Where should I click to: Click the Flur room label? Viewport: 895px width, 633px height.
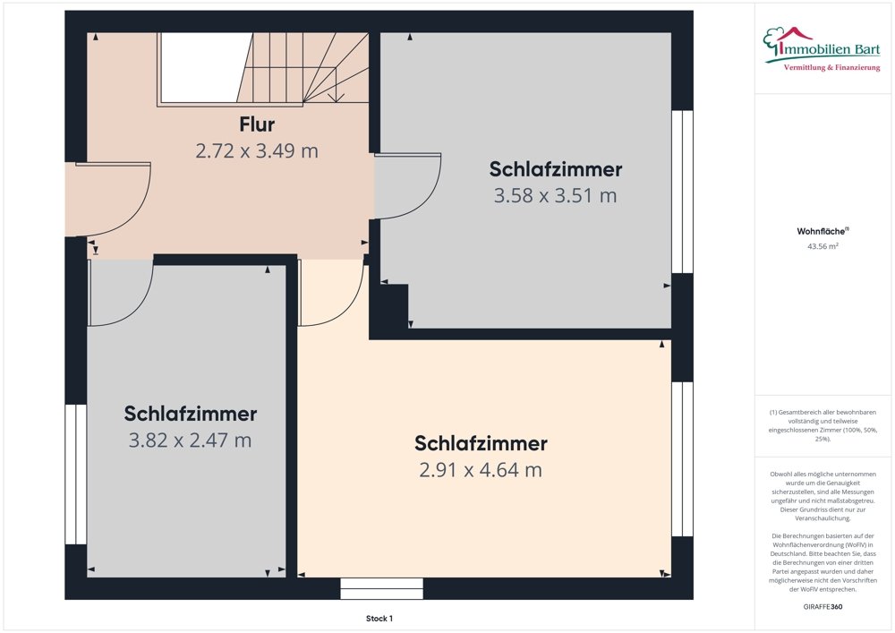257,124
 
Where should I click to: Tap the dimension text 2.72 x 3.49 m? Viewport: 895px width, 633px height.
257,150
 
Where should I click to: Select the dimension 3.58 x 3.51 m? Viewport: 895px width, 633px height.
556,196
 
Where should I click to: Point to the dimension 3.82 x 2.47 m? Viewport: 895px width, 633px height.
190,441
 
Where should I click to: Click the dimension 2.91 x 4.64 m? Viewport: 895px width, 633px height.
481,470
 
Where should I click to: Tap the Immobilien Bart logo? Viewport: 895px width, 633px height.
822,49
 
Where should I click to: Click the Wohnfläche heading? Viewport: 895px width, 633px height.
822,231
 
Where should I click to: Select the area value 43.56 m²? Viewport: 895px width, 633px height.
823,246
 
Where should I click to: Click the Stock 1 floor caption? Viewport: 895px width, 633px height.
379,618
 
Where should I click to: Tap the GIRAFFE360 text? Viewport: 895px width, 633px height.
823,607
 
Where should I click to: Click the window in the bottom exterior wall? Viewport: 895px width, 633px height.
382,588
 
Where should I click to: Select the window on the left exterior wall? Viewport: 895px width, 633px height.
75,475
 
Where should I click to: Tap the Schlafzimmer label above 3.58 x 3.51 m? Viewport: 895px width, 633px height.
556,169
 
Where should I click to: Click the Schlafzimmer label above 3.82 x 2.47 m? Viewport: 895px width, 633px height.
190,414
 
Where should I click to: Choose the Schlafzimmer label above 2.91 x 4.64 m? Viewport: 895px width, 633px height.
481,443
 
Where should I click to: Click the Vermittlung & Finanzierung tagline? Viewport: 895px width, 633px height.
831,68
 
